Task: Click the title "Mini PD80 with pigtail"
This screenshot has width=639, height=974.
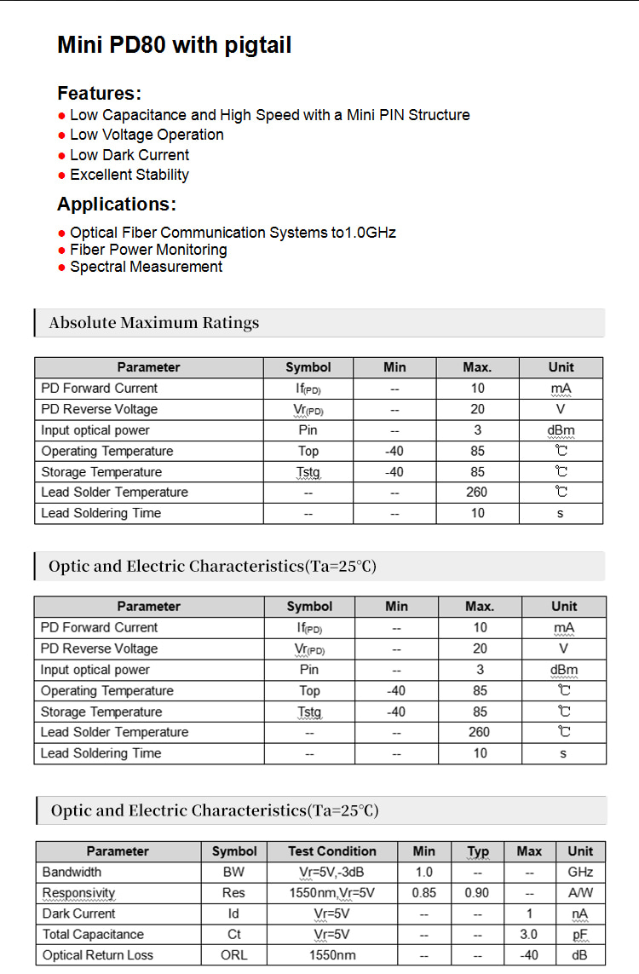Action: click(174, 45)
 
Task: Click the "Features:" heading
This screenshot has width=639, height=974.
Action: click(99, 93)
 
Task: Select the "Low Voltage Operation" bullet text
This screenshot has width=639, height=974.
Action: click(147, 135)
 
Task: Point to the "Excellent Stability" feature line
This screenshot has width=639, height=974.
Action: click(130, 175)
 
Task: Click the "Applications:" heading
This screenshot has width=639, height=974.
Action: click(117, 205)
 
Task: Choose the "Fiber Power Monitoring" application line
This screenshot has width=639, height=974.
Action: click(148, 250)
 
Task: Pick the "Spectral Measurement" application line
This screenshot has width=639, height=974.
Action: click(146, 267)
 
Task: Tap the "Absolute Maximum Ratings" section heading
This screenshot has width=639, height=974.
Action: click(154, 323)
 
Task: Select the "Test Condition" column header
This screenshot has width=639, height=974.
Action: click(332, 851)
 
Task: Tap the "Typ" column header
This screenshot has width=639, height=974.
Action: click(478, 851)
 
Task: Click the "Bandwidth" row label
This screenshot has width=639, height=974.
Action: click(72, 872)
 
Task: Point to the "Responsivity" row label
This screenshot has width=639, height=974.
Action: click(78, 893)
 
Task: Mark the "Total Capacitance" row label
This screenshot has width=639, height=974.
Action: click(93, 934)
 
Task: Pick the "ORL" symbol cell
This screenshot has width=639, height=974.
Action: click(233, 955)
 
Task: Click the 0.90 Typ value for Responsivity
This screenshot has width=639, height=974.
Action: click(477, 893)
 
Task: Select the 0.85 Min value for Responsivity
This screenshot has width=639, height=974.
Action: click(423, 893)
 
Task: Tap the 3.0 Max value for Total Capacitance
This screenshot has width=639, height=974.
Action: click(528, 934)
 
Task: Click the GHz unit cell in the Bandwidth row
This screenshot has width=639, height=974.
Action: click(580, 872)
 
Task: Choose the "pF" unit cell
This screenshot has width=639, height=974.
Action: click(580, 934)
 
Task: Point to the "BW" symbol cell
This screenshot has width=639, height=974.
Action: click(233, 872)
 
